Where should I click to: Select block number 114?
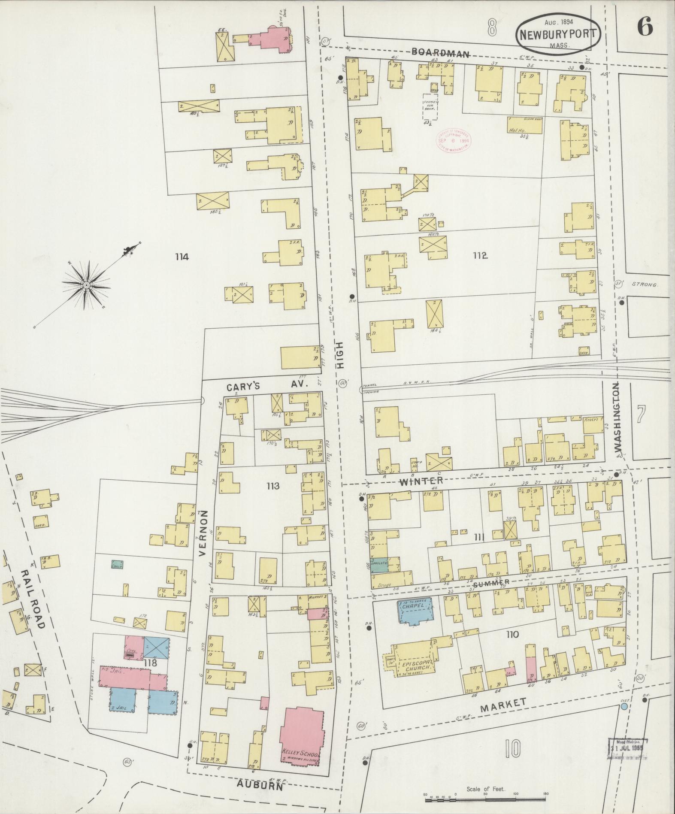(182, 257)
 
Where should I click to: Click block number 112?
(480, 256)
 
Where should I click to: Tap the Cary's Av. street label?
(267, 386)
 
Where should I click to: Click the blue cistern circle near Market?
(624, 706)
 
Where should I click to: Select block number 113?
(272, 486)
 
